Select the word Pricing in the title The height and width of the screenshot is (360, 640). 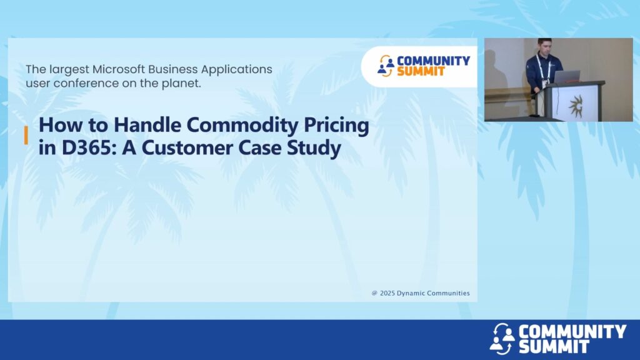(336, 125)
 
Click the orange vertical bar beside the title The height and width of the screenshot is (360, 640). (26, 135)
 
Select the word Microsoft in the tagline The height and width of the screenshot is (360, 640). (118, 69)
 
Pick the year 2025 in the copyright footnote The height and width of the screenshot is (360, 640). (387, 293)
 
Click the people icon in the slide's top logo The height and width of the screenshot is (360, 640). (386, 66)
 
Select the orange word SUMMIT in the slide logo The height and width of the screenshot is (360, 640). (421, 71)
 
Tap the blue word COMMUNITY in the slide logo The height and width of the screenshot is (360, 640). (434, 61)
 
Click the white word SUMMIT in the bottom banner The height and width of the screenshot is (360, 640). (554, 346)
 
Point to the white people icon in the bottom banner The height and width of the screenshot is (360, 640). (502, 339)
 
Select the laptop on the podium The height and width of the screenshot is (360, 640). (566, 77)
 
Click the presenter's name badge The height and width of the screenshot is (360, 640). (545, 84)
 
